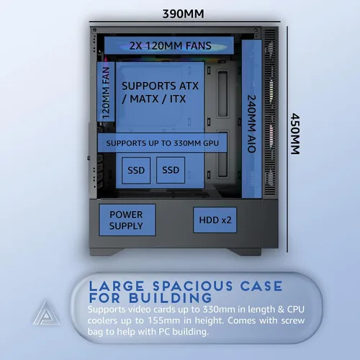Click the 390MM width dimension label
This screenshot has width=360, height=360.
coord(184,14)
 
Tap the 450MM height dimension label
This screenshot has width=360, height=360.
coord(295,134)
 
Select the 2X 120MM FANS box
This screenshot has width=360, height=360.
coord(169,45)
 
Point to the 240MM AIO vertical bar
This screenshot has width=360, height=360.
coord(252,119)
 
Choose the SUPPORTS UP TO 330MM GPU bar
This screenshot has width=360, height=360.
coord(163,143)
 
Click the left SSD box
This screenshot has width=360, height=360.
coord(136,171)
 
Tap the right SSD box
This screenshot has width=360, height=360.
coord(171,170)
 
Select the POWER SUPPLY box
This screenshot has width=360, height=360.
coord(127,220)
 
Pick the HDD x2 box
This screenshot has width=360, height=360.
coord(215,220)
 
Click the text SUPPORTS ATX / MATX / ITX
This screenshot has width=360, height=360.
coord(160,92)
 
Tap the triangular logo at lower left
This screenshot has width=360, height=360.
coord(46,312)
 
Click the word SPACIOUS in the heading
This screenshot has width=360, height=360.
coord(193,286)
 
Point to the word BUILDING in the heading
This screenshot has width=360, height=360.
coord(171,298)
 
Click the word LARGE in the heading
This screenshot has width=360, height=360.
coord(117,286)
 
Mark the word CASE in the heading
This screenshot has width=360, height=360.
coord(261,286)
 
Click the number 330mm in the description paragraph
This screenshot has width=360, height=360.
coord(219,310)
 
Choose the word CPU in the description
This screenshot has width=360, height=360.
coord(296,310)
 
